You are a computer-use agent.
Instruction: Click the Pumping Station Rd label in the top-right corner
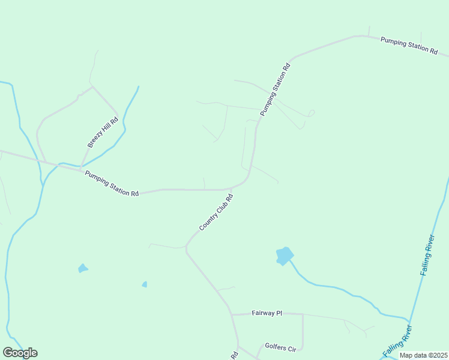(x=409, y=46)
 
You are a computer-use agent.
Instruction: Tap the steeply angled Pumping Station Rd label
(x=275, y=89)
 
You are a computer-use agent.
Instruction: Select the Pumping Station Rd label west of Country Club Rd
(x=112, y=184)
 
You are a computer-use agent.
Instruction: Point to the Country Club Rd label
(x=215, y=212)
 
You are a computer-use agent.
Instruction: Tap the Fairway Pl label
(x=267, y=313)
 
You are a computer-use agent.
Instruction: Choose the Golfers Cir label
(x=281, y=347)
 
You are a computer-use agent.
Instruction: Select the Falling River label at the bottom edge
(x=398, y=341)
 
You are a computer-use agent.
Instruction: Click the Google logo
(x=20, y=353)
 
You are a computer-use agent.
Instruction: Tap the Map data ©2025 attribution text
(x=423, y=355)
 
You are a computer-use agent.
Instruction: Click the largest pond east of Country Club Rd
(x=284, y=256)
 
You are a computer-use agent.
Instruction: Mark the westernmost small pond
(x=83, y=268)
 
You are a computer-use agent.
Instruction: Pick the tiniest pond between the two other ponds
(x=145, y=284)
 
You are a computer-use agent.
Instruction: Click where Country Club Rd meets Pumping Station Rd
(x=232, y=188)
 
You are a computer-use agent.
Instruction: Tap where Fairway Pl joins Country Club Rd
(x=232, y=314)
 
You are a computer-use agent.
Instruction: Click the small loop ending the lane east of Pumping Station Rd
(x=311, y=112)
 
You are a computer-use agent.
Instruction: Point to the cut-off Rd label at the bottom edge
(x=234, y=355)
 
